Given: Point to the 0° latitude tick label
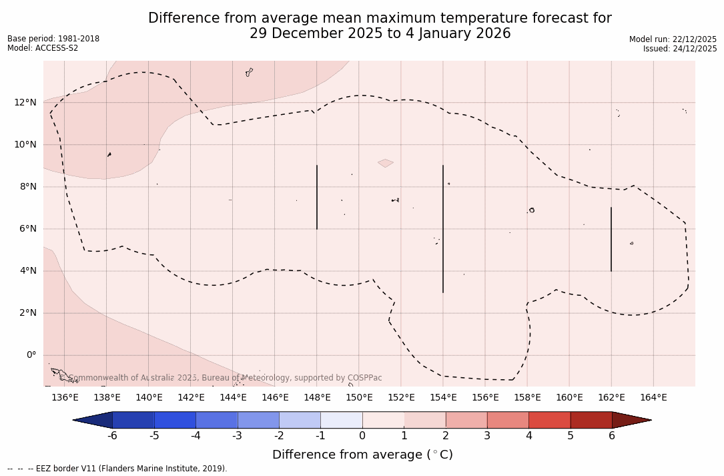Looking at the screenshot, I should coord(31,355).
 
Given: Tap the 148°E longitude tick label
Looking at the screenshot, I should coord(317,398).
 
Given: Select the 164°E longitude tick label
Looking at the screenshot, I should coord(653,398).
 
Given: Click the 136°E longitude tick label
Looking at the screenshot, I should coord(65,398).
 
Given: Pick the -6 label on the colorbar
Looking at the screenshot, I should coord(112,436).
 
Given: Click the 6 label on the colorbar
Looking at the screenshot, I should coord(612,436).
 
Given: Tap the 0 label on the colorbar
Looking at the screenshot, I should coord(362,436).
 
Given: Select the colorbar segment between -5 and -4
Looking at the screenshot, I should coord(175,420).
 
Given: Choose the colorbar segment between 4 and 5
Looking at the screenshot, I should coord(549,420).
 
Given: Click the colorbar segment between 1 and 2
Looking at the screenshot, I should coord(424,420).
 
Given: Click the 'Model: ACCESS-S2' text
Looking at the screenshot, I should coord(43,48).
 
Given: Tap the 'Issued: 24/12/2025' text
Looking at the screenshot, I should coord(680,49).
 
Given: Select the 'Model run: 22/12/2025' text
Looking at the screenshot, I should coord(673,39).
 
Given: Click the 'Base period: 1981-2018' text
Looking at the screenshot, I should coord(53,39).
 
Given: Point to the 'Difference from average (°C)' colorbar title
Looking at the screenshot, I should coord(362,455).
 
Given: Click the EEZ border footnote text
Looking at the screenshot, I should coord(117,469).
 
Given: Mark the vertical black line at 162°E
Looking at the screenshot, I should coord(611,239).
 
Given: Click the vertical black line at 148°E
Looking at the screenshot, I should coord(317,197).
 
